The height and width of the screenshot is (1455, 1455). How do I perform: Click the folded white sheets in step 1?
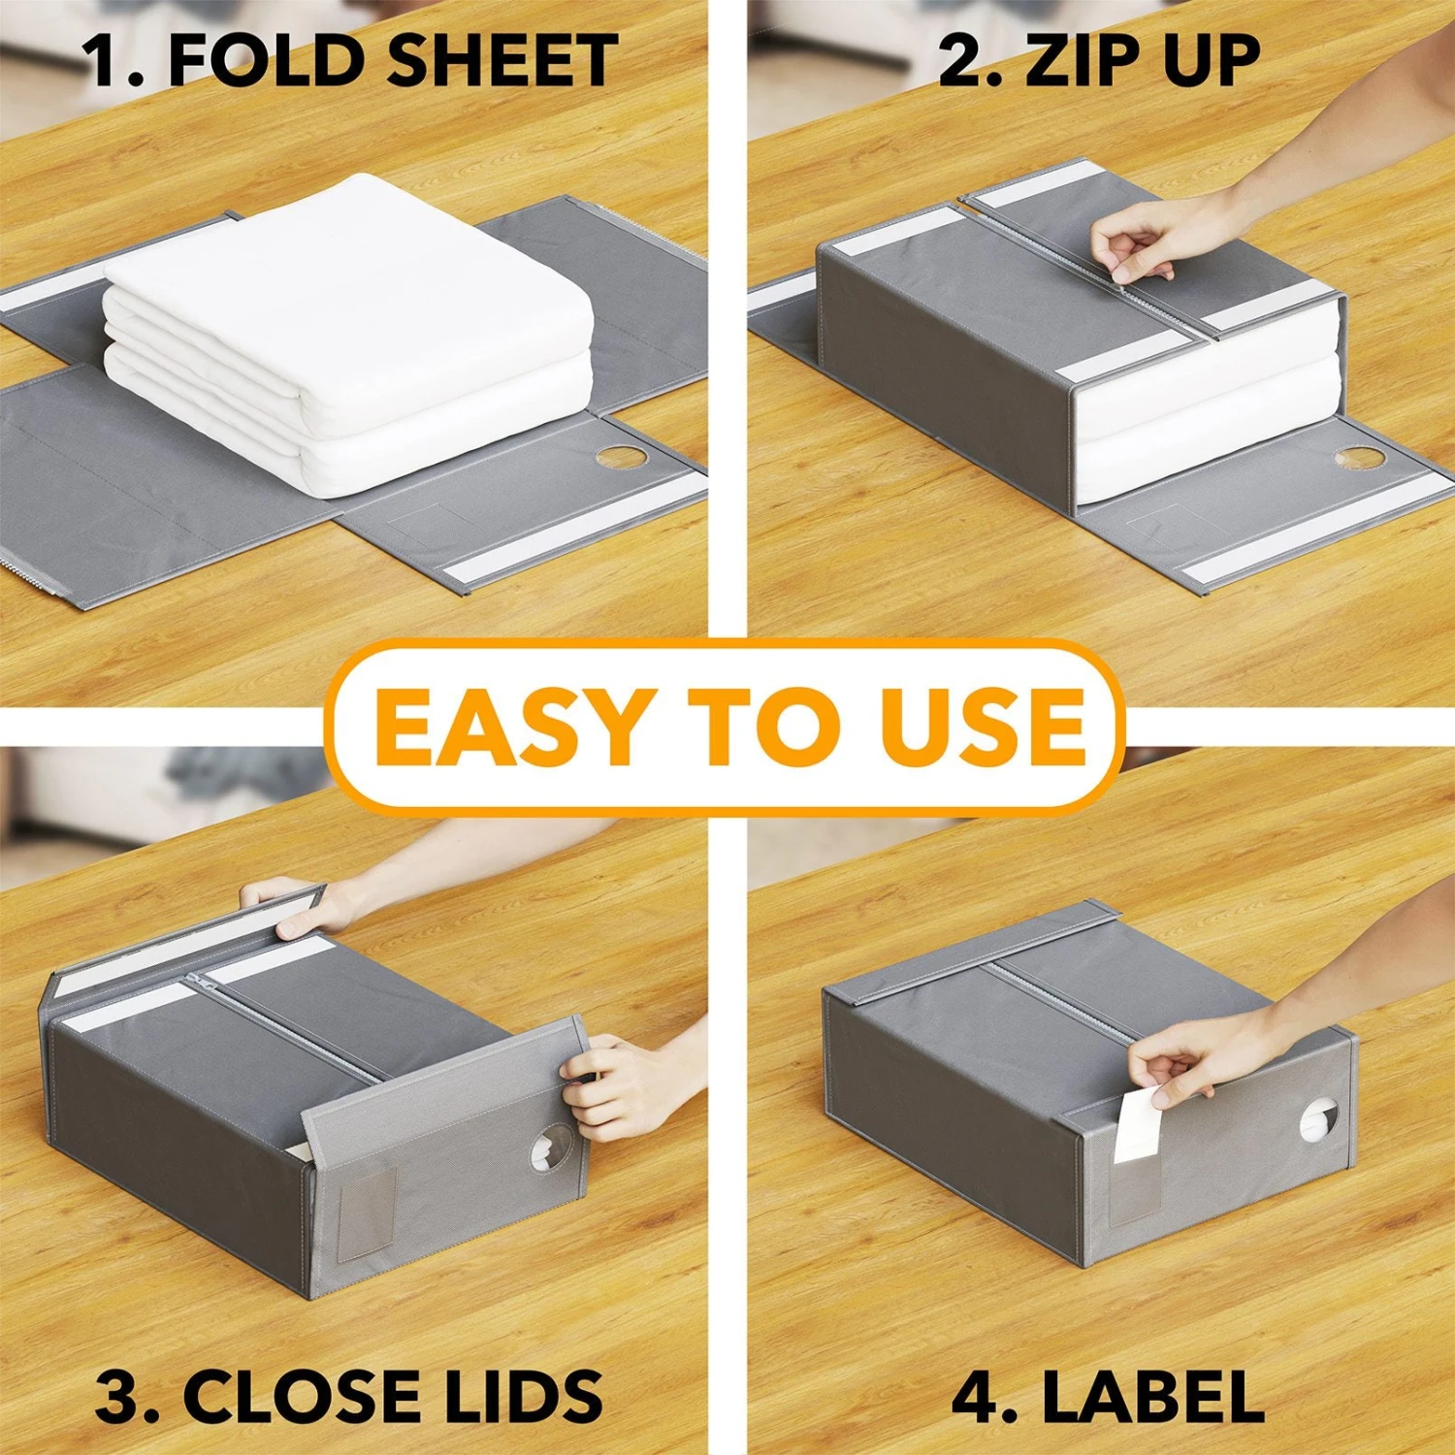[x=349, y=330]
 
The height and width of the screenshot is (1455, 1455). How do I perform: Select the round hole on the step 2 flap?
[x=1359, y=457]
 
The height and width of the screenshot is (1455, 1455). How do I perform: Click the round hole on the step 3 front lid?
[x=551, y=1149]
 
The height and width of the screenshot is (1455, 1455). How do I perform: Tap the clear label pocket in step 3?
[x=368, y=1212]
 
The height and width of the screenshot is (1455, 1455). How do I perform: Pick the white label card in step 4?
[x=1135, y=1125]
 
